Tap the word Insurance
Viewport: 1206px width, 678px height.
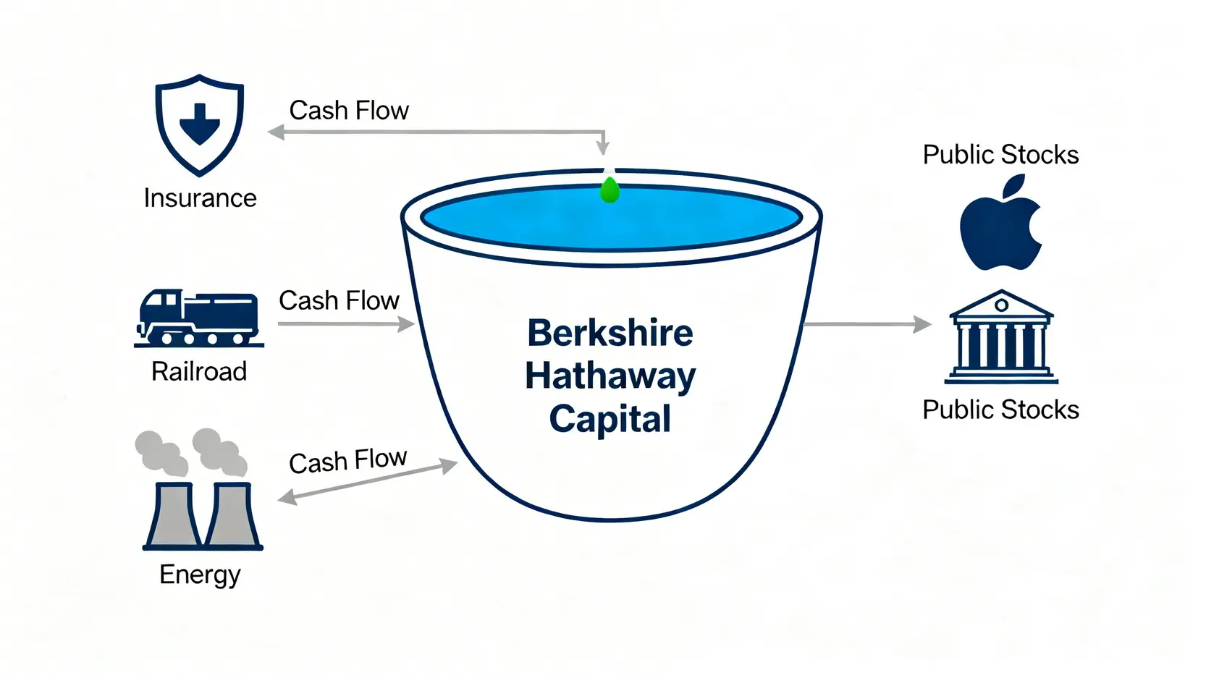(200, 198)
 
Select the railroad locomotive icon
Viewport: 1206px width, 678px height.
(198, 318)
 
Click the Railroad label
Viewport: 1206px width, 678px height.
(199, 372)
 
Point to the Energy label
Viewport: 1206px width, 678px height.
(200, 575)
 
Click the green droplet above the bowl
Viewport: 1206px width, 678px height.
(610, 190)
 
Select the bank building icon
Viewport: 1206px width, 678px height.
(1000, 337)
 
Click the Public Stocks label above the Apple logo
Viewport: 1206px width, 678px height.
(1000, 155)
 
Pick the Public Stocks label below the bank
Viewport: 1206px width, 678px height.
(1000, 410)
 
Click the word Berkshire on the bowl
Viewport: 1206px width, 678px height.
(610, 333)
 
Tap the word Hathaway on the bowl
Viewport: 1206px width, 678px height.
(610, 376)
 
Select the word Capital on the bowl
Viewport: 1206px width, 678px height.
(610, 419)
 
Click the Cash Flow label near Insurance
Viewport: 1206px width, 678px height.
(349, 111)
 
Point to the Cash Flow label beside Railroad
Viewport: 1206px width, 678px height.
(339, 301)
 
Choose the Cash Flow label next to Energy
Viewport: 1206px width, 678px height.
(347, 460)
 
